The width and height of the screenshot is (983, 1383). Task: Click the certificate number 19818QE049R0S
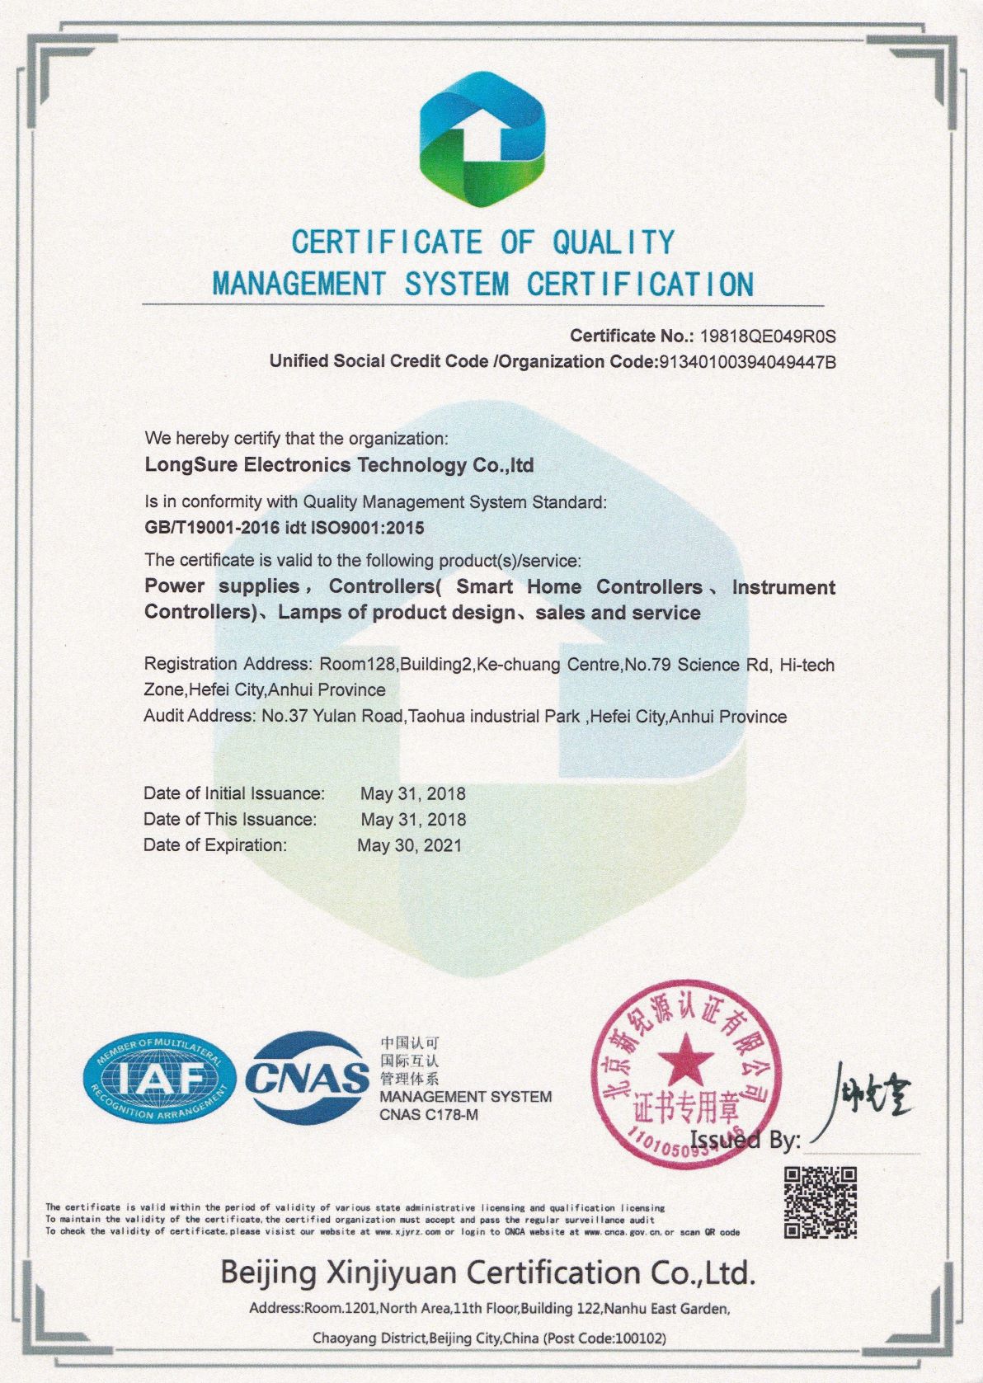768,336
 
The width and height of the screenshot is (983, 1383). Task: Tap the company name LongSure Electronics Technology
339,465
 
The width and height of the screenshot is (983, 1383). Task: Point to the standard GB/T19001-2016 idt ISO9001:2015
285,528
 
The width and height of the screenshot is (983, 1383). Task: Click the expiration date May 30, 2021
410,845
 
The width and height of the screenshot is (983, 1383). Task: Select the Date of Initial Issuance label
234,793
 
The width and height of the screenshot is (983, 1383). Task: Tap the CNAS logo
308,1076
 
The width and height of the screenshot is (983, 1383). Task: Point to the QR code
820,1202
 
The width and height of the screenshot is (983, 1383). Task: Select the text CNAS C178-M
429,1115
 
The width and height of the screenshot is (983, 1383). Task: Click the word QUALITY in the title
614,242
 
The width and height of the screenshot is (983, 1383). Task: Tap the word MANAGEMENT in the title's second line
299,285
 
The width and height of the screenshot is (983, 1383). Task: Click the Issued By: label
745,1141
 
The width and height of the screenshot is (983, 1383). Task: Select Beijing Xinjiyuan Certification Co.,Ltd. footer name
487,1273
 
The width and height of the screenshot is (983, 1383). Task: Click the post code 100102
637,1338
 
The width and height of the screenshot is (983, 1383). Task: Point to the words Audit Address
197,716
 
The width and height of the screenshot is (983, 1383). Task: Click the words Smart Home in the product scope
519,587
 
